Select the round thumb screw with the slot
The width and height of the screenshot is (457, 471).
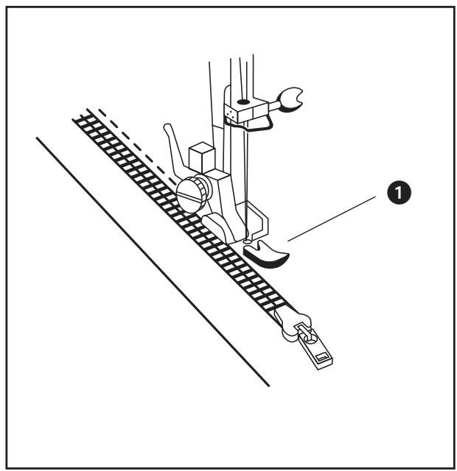pos(189,194)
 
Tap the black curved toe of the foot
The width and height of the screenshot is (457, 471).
pos(267,254)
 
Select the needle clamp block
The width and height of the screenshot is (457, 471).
pos(243,109)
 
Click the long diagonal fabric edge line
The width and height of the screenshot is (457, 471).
pos(147,258)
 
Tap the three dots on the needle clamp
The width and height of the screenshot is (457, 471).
pos(230,112)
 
